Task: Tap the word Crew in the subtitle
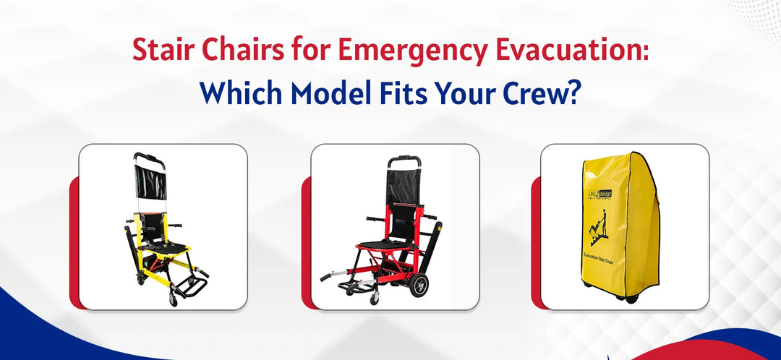tap(538, 93)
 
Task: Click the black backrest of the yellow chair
tap(151, 183)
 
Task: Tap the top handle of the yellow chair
tap(148, 155)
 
